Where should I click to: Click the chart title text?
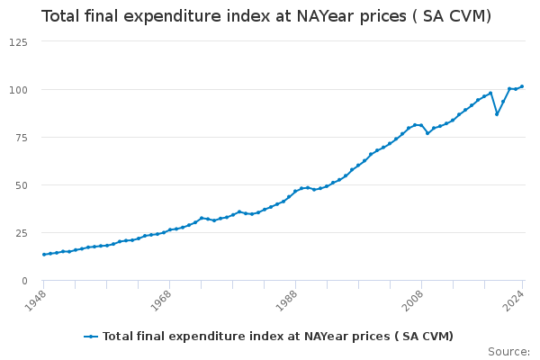(x=265, y=16)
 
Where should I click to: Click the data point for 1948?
(x=43, y=255)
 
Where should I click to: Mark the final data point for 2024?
(x=522, y=86)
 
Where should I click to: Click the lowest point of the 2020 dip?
(x=497, y=114)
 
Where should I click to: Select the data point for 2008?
(x=421, y=125)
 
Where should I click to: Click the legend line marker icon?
(x=91, y=337)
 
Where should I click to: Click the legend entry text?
(x=277, y=337)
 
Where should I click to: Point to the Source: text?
(x=508, y=351)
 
